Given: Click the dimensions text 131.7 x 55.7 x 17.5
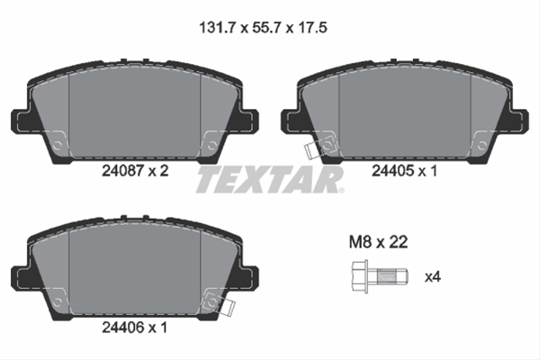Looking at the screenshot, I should [x=262, y=28].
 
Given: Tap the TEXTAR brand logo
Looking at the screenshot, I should [x=269, y=180].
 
